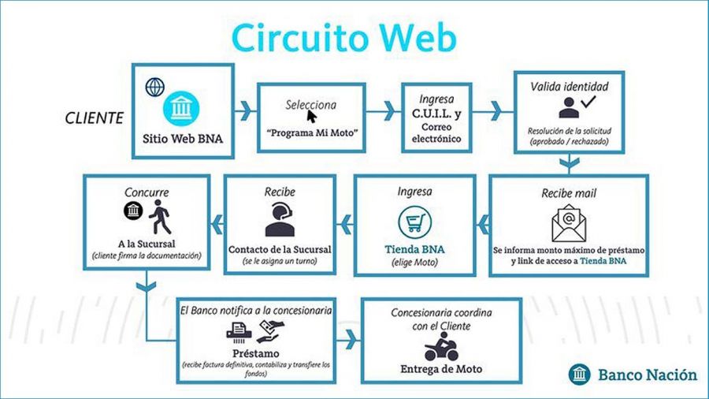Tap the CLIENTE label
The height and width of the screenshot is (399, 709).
click(x=95, y=119)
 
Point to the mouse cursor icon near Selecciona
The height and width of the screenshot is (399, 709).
click(x=312, y=116)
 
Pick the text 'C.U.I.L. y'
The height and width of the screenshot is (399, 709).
click(x=436, y=114)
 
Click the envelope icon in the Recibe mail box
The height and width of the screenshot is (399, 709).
click(x=568, y=223)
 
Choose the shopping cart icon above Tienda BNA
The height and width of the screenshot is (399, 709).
click(x=414, y=222)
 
